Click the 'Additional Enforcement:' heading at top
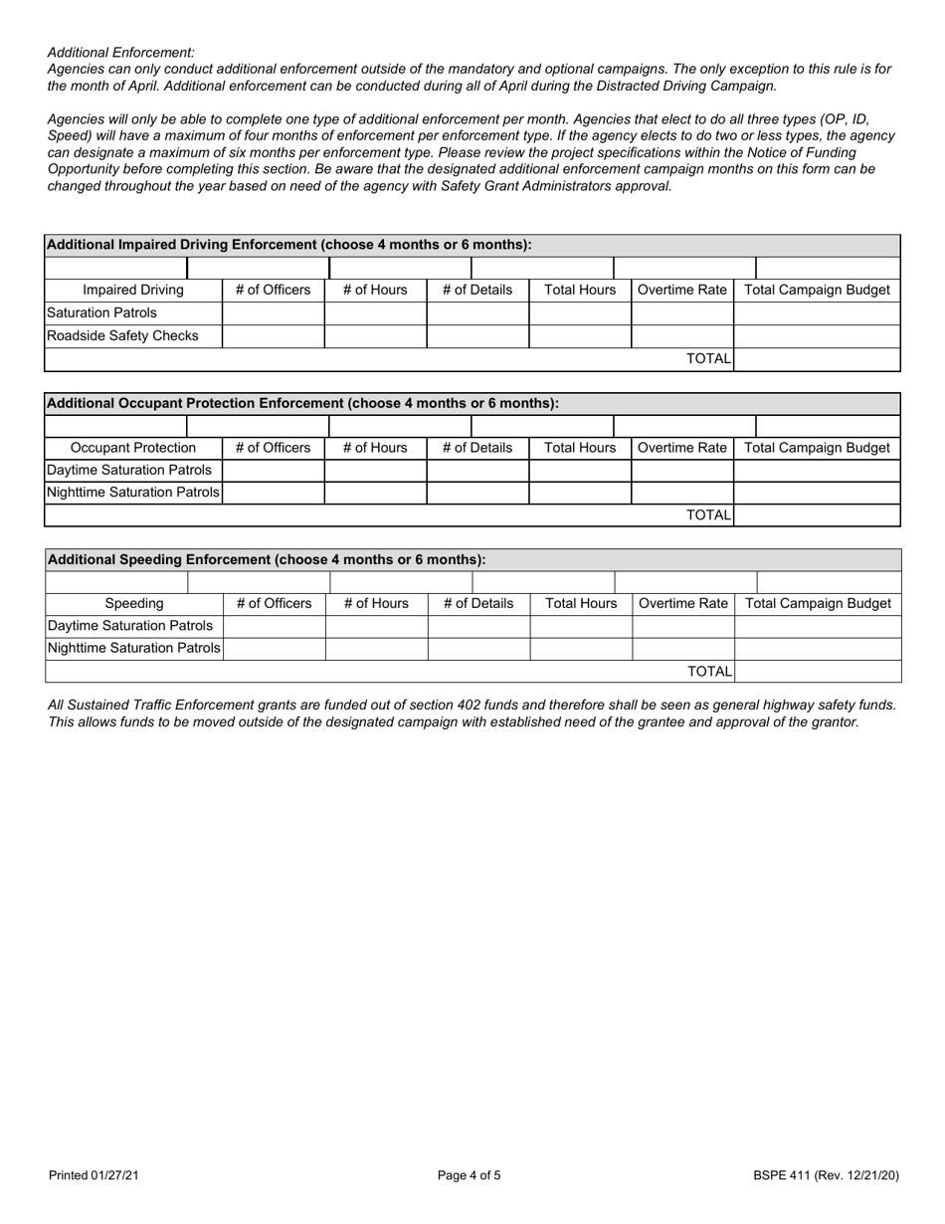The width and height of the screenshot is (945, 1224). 121,53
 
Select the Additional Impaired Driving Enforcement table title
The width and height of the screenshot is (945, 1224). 288,245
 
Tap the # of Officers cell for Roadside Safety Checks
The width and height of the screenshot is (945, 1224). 273,336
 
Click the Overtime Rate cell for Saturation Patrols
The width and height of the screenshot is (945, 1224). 681,313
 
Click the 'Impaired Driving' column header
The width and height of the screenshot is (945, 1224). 133,291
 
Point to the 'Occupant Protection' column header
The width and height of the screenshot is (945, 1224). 133,448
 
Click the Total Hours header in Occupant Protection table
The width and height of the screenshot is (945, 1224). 580,448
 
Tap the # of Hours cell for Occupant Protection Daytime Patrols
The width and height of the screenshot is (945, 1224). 375,471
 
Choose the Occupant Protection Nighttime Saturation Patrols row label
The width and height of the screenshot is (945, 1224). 133,494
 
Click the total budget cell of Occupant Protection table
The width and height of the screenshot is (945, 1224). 816,515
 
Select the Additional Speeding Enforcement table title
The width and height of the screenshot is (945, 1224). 266,559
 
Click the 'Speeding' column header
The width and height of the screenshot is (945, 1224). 134,604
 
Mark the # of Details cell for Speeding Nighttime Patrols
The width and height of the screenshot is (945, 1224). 478,649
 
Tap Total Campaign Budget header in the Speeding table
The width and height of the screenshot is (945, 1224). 818,604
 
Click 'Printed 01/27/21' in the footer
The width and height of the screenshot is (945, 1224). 94,1176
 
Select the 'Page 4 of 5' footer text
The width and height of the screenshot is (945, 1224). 470,1176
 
